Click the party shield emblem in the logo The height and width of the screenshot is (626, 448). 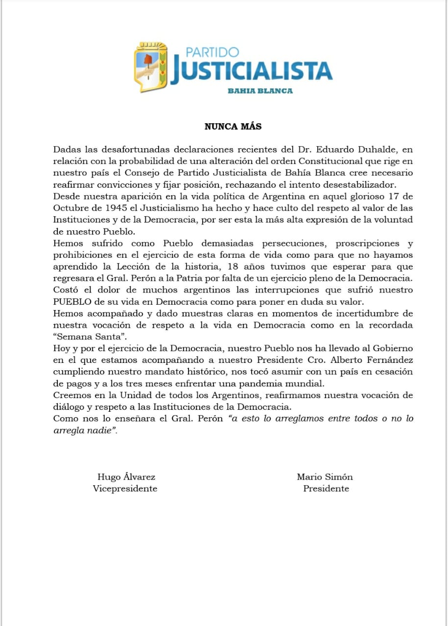pyautogui.click(x=151, y=67)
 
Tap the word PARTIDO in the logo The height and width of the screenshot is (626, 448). pyautogui.click(x=212, y=52)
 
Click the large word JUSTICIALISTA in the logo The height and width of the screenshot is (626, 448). pyautogui.click(x=251, y=71)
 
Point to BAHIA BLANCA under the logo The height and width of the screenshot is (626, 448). pyautogui.click(x=260, y=90)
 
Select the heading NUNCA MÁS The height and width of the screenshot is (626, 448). pyautogui.click(x=233, y=127)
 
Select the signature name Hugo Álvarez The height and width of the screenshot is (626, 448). pyautogui.click(x=126, y=477)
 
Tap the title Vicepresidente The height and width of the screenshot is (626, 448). pyautogui.click(x=125, y=489)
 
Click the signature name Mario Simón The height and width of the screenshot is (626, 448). pyautogui.click(x=325, y=477)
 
